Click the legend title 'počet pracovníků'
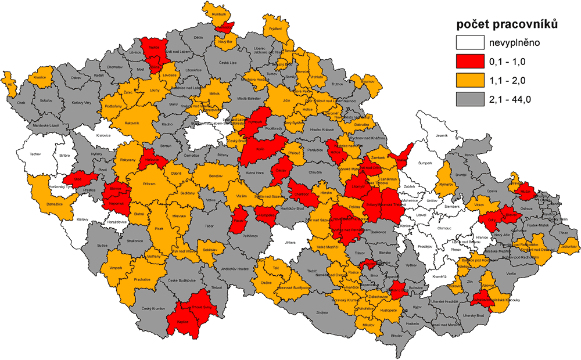tap(507, 24)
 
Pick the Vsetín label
tap(511, 273)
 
